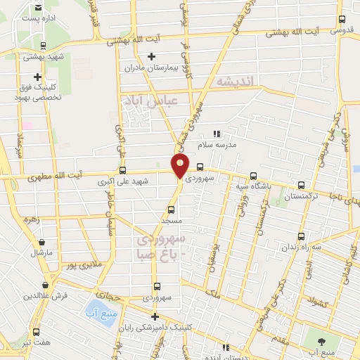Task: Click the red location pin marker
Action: click(181, 167)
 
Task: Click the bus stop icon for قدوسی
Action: click(342, 20)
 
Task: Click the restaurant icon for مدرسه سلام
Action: click(217, 133)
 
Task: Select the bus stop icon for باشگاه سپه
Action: click(254, 176)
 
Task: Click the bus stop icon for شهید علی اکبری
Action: click(123, 170)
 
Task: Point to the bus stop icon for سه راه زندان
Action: click(302, 236)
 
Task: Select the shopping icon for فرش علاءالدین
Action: click(45, 285)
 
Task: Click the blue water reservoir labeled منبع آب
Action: click(94, 308)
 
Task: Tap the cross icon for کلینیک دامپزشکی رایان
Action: click(155, 316)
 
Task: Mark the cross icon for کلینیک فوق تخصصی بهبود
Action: click(37, 77)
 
